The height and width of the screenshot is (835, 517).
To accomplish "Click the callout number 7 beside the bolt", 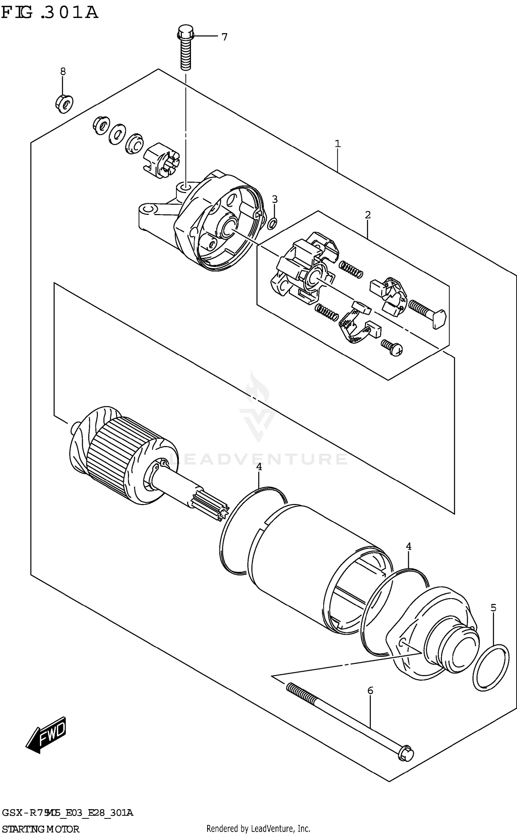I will coord(224,37).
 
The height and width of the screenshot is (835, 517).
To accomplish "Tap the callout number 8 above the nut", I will coord(63,72).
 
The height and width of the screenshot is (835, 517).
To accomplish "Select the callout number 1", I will coord(337,143).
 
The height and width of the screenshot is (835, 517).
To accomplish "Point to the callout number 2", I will coord(368,215).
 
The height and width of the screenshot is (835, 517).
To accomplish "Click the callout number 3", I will coord(275,199).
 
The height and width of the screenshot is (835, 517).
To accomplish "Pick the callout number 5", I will coord(493,608).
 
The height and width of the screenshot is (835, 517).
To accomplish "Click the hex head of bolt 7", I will coord(186,32).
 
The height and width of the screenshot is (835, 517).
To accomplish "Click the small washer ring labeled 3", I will coord(272,224).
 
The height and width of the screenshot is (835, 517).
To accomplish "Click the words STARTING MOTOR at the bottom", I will coord(41,828).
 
